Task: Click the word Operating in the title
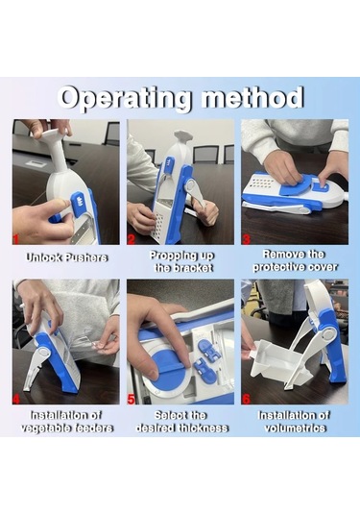coord(125,98)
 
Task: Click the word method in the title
coord(252,97)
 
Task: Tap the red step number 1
coord(15,239)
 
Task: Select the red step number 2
coord(131,239)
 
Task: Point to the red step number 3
coord(246,239)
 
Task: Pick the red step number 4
coord(16,399)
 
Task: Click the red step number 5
coord(131,399)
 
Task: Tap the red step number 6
coord(246,399)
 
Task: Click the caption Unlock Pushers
coord(66,257)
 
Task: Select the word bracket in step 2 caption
coord(193,268)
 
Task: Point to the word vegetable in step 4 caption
coord(42,428)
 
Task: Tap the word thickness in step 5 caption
coord(206,428)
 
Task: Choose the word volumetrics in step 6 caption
coord(295,428)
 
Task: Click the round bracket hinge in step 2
coord(190,185)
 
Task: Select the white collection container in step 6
coord(273,359)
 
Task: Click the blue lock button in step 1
coord(78,203)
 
